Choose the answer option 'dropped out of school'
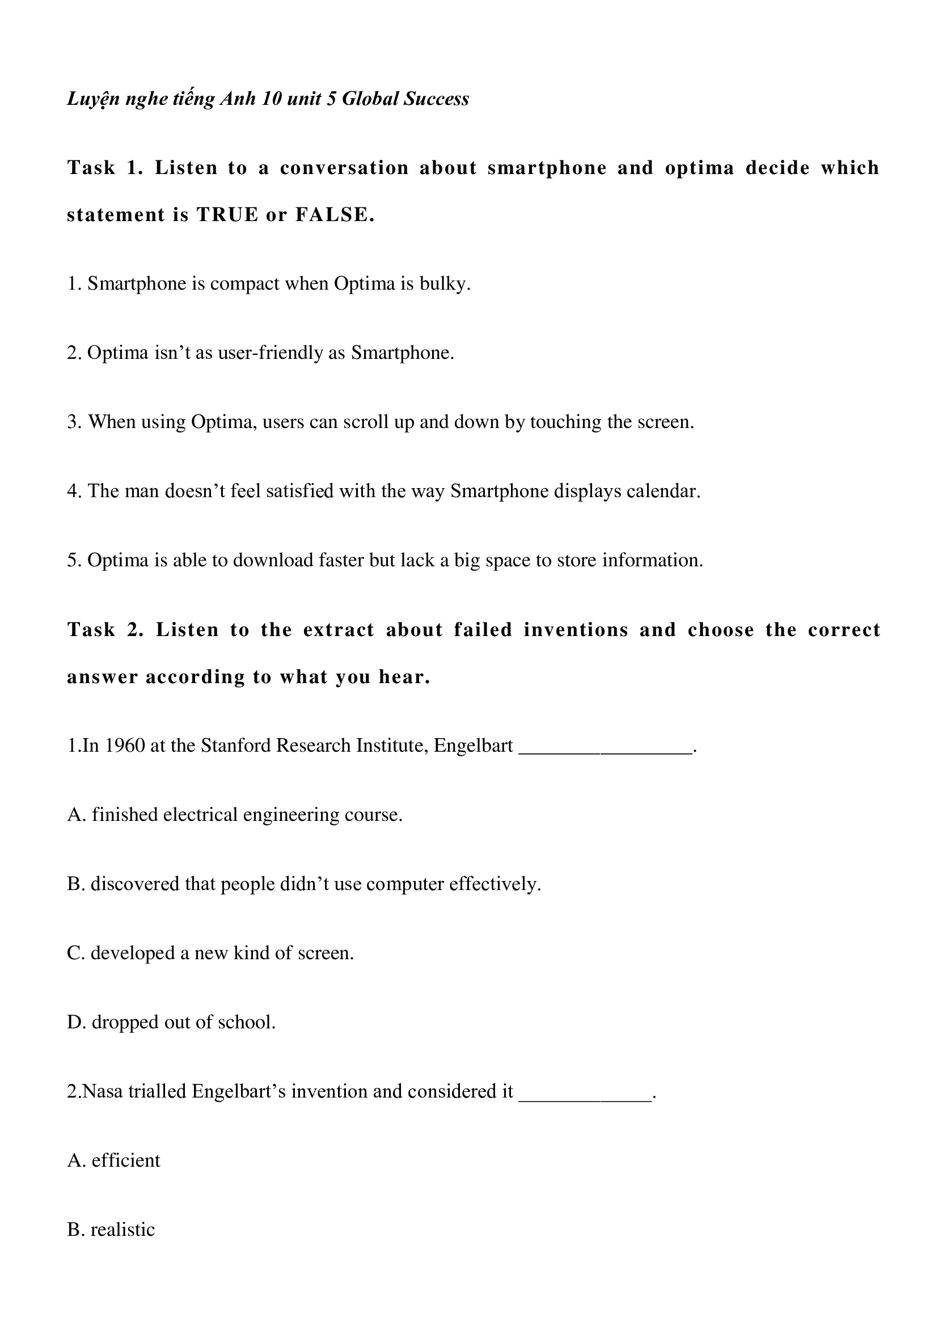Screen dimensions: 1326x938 click(x=183, y=1022)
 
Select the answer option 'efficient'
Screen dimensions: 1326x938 click(x=125, y=1161)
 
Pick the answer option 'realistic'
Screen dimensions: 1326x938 click(x=122, y=1230)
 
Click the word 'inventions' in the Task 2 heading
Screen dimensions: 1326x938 click(x=576, y=629)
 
